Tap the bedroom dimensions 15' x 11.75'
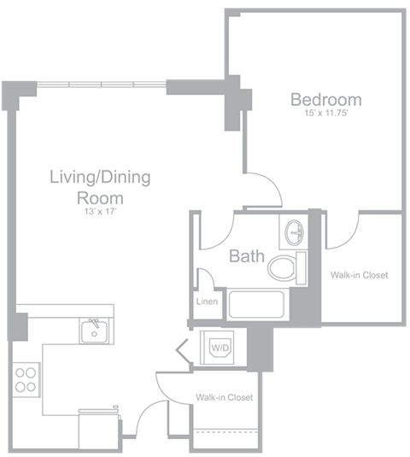(x=325, y=114)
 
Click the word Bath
(x=246, y=255)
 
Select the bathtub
(x=255, y=305)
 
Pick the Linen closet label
(x=208, y=302)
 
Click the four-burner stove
(x=26, y=378)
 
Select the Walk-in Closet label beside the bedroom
(x=359, y=275)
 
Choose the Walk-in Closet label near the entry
(x=224, y=398)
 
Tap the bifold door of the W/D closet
(x=183, y=349)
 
